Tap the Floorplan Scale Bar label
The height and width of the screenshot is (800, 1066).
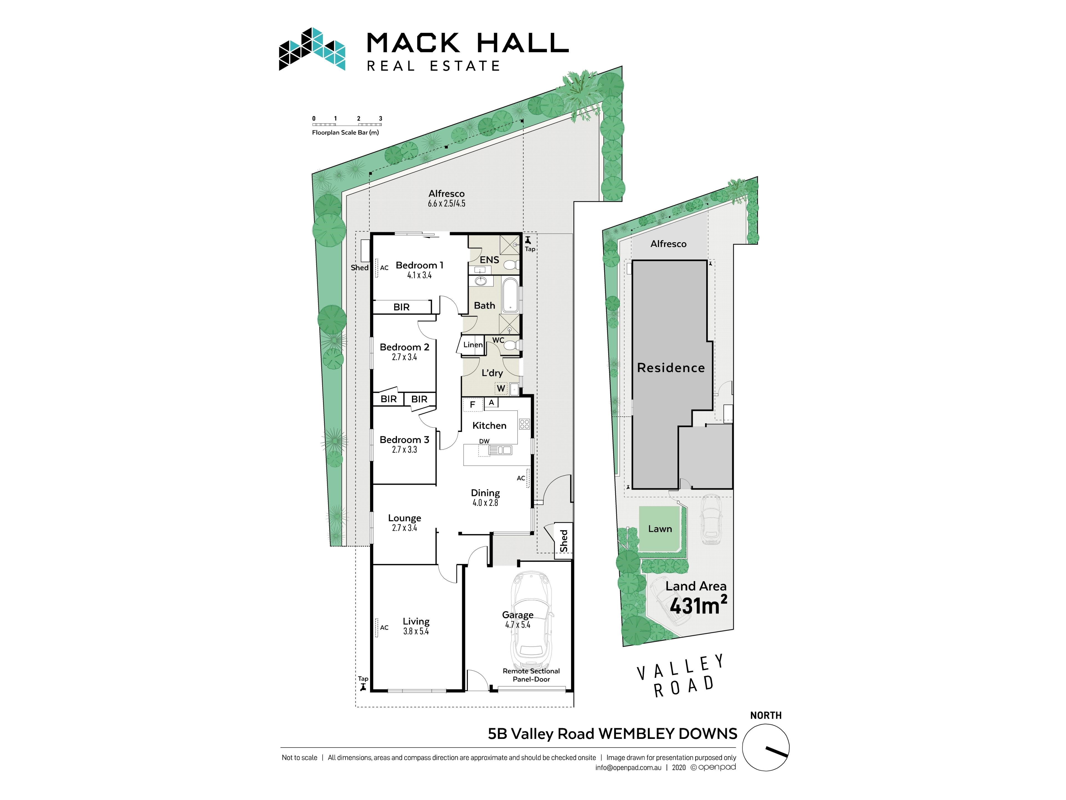(x=345, y=132)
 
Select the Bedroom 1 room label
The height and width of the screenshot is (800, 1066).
(x=419, y=265)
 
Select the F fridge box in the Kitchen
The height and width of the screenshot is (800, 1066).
(x=472, y=404)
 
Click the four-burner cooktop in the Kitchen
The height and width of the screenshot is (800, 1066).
(x=524, y=424)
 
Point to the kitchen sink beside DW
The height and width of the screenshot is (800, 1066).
(x=500, y=450)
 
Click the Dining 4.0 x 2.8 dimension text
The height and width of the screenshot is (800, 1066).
(x=485, y=502)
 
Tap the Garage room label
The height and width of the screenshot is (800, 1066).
(x=517, y=615)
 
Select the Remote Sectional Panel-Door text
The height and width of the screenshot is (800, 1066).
(x=531, y=675)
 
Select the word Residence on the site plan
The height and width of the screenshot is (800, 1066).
(x=671, y=368)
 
